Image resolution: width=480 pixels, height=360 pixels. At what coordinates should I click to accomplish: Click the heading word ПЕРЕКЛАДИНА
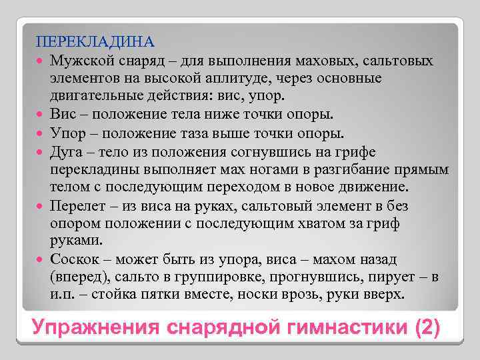pos(95,43)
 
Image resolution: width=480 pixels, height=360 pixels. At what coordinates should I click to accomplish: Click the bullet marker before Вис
pos(41,113)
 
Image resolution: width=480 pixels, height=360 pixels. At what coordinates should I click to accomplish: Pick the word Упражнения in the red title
pos(99,327)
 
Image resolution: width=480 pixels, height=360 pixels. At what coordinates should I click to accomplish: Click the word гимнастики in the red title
pos(347,327)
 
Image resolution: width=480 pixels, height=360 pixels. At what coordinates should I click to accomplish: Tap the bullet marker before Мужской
pos(41,61)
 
